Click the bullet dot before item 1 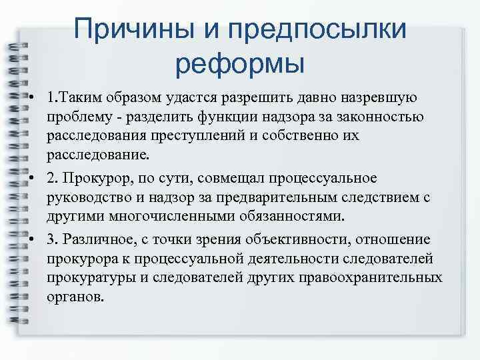click(x=32, y=99)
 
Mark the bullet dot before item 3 click(x=32, y=239)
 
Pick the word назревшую click(x=379, y=99)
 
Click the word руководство click(x=84, y=198)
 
